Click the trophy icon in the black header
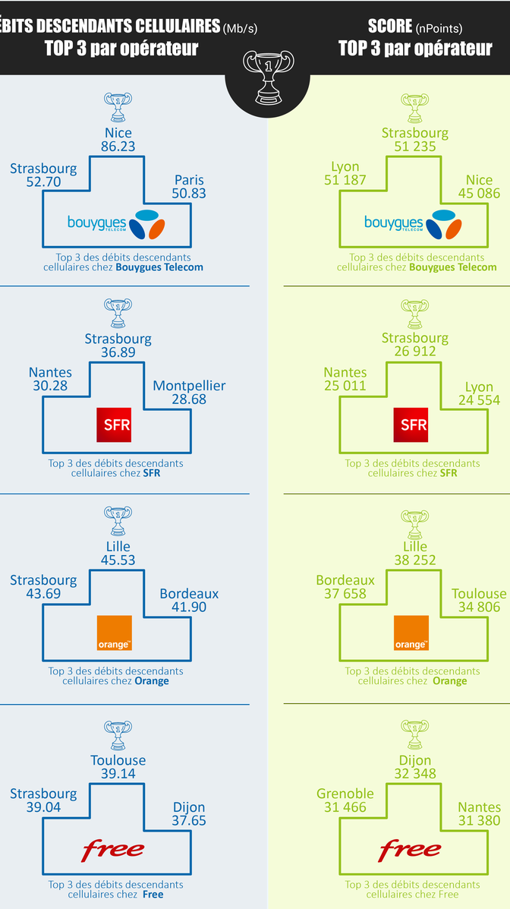(267, 76)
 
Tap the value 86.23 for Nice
(118, 147)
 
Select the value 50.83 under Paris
(189, 194)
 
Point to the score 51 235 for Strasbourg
(415, 147)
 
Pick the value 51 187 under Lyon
(345, 180)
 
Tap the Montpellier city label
(189, 386)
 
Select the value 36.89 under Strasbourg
(118, 352)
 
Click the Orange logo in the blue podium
(115, 633)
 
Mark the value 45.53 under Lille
(118, 560)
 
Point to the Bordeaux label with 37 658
(345, 580)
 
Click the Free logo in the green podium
(410, 848)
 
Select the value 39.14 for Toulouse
(118, 774)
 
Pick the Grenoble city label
(345, 794)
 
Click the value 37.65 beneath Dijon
(188, 821)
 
